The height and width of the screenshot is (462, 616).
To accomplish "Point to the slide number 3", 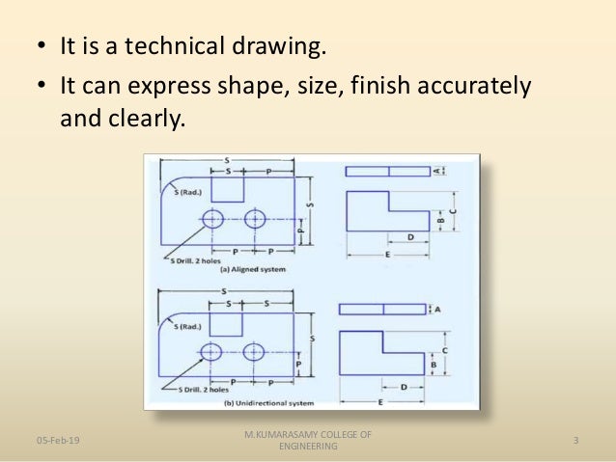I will click(575, 441).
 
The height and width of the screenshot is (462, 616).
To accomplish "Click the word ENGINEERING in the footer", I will click(307, 447).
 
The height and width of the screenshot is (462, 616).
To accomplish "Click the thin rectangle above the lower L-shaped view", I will click(383, 309).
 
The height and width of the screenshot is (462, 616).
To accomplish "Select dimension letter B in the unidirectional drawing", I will click(434, 366).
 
